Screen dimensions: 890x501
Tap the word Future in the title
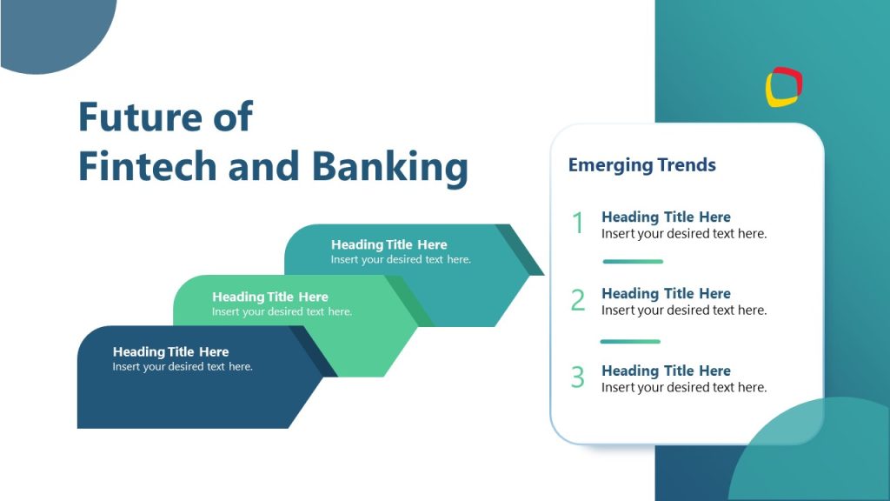pyautogui.click(x=135, y=116)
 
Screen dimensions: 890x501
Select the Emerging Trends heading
pyautogui.click(x=641, y=164)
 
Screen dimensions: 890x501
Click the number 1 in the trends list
pyautogui.click(x=577, y=224)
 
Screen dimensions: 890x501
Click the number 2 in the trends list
pyautogui.click(x=578, y=300)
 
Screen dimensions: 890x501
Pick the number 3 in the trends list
pyautogui.click(x=578, y=377)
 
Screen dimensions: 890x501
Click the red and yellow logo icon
pyautogui.click(x=784, y=87)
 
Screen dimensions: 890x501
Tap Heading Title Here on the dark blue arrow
pyautogui.click(x=170, y=351)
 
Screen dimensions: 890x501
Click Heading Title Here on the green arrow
pyautogui.click(x=269, y=297)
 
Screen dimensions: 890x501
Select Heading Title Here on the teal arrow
pyautogui.click(x=389, y=244)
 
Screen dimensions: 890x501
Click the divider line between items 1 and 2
pyautogui.click(x=633, y=261)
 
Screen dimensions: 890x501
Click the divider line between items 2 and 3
pyautogui.click(x=630, y=341)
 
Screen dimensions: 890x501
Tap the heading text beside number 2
pyautogui.click(x=666, y=293)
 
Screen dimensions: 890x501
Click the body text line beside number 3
pyautogui.click(x=684, y=387)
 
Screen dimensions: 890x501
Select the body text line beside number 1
pyautogui.click(x=684, y=233)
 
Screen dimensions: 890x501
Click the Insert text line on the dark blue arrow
pyautogui.click(x=183, y=367)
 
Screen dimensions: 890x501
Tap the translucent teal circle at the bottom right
pyautogui.click(x=813, y=457)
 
